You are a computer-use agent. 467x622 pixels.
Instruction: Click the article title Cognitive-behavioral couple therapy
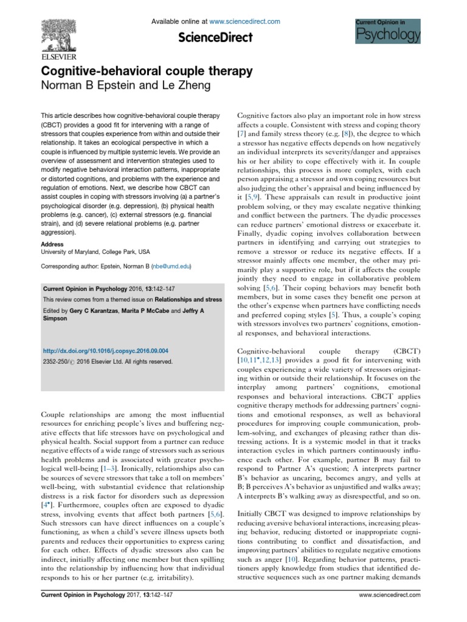pos(146,71)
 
